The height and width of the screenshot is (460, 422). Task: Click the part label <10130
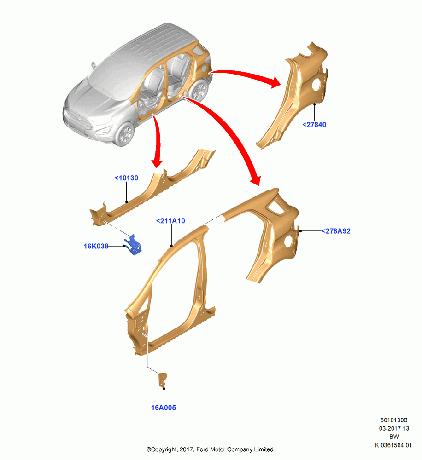point(126,178)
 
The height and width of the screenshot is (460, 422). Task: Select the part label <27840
point(314,125)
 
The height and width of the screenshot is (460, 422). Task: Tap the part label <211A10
point(170,221)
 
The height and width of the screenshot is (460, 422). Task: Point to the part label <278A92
point(336,231)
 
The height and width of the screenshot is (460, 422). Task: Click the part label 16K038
point(96,246)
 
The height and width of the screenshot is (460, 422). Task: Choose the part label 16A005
point(164,408)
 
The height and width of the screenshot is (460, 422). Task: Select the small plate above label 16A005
point(163,379)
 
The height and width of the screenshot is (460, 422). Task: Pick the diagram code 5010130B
point(394,420)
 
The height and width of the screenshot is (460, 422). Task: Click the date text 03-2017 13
point(394,428)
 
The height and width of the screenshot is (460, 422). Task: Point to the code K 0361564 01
point(393,445)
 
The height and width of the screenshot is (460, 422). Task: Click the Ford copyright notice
point(210,449)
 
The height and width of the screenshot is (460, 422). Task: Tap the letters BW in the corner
point(394,437)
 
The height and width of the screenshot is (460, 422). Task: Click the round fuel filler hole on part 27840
point(317,85)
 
